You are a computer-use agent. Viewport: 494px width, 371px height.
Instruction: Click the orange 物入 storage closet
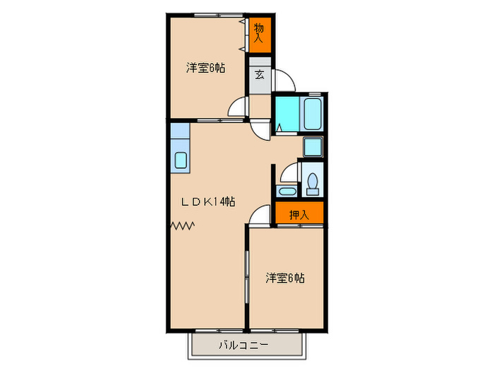click(259, 33)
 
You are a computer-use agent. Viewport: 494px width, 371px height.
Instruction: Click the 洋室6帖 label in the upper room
click(205, 69)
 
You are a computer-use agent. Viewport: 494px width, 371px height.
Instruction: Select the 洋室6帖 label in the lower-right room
click(284, 278)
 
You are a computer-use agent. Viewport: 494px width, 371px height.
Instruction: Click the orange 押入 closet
click(299, 213)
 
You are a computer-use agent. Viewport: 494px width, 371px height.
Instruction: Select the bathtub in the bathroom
click(312, 114)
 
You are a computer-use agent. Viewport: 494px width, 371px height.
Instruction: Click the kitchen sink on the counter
click(181, 160)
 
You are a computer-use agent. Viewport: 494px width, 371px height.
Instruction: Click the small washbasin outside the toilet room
click(287, 191)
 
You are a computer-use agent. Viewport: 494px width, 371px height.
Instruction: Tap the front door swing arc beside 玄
click(282, 79)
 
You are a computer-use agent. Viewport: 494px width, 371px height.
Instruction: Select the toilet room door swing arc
click(287, 172)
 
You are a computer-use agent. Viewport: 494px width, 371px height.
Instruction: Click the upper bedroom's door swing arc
click(238, 108)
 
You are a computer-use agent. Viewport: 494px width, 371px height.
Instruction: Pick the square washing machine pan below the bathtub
click(312, 146)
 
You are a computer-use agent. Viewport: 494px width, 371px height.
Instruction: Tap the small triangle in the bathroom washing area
click(279, 128)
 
